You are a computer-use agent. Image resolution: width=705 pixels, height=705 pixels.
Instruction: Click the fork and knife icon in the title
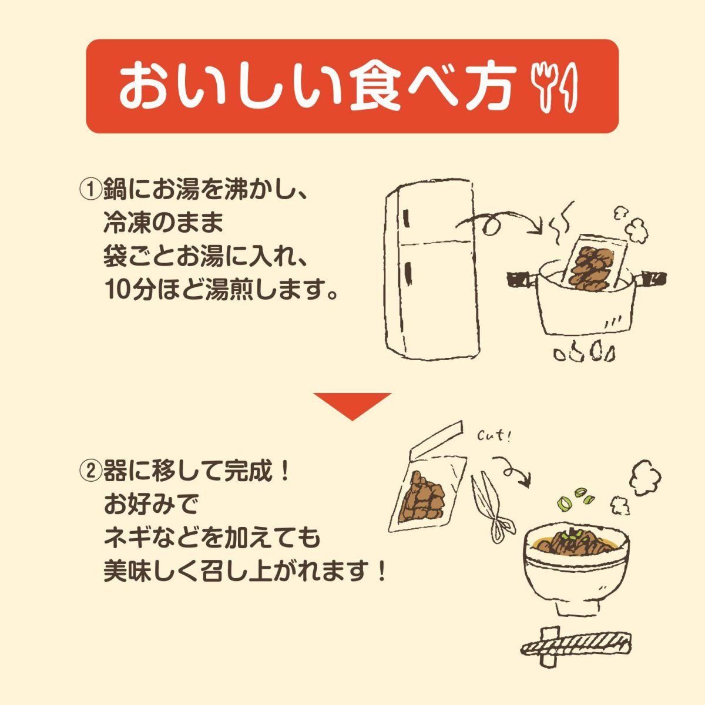555,86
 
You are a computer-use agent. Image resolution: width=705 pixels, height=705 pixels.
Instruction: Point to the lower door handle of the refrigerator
407,273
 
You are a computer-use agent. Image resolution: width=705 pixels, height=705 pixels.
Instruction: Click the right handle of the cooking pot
653,277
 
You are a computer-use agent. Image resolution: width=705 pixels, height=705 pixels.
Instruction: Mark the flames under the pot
585,352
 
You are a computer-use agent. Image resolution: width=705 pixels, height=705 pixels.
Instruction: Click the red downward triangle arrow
352,405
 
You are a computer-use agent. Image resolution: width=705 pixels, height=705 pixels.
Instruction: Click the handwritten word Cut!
493,437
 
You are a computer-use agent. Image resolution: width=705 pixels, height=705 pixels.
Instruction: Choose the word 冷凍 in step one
121,223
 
